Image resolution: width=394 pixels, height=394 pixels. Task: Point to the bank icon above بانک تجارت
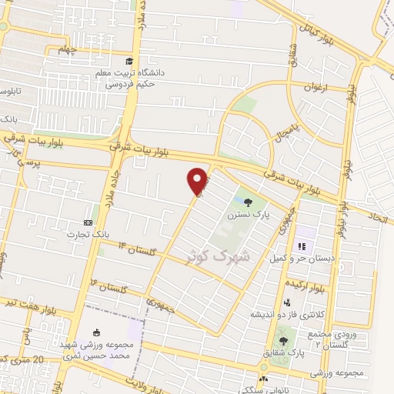[x=87, y=222]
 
